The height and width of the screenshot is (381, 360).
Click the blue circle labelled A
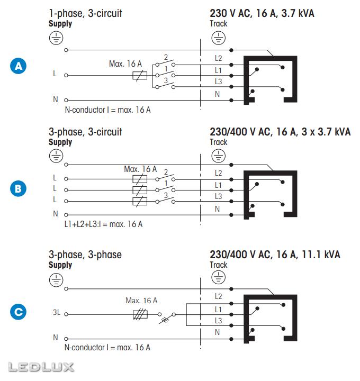point(18,66)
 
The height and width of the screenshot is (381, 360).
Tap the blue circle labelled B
point(18,189)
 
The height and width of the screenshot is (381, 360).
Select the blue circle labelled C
point(18,312)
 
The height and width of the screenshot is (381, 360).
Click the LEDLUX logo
point(41,367)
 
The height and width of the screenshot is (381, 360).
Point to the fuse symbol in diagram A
point(140,76)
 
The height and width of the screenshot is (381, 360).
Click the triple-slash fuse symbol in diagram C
point(140,314)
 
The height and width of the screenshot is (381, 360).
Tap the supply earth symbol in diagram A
point(56,38)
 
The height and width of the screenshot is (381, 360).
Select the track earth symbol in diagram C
point(218,277)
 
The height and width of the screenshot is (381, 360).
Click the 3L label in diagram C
point(57,312)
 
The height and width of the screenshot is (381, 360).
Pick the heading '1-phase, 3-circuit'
point(85,13)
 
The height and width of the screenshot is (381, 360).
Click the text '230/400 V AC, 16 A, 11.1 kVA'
point(275,255)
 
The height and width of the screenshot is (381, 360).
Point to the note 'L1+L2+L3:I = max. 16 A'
point(103,224)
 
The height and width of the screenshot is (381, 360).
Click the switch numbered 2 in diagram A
point(165,63)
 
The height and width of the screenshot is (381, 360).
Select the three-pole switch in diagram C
point(167,317)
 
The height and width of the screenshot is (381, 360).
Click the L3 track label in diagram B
point(218,196)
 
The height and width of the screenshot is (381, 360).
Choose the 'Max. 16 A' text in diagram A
point(125,63)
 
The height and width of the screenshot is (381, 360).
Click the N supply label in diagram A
point(56,99)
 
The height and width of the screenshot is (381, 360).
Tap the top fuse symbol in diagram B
point(140,179)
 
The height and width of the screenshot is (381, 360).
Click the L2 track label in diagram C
point(218,296)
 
